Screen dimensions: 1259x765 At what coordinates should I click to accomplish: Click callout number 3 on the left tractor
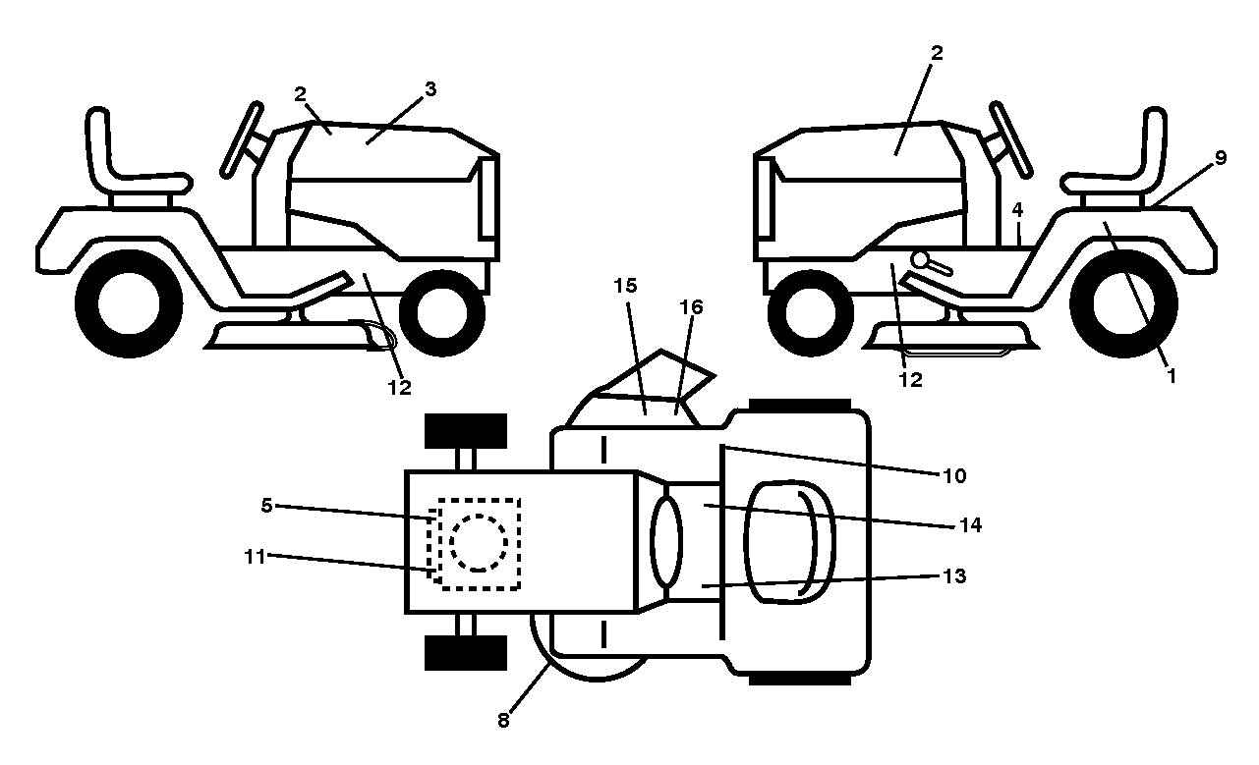[430, 88]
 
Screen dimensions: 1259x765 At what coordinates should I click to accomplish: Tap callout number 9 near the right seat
[1221, 158]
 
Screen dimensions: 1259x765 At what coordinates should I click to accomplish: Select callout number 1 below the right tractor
[1172, 375]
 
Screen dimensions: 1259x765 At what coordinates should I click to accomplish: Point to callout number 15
[625, 286]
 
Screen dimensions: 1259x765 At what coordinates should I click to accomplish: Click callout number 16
[691, 306]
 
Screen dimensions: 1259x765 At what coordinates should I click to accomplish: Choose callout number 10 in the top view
[954, 475]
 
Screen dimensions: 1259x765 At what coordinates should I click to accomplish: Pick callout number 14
[970, 524]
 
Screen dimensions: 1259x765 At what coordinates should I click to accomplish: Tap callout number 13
[954, 575]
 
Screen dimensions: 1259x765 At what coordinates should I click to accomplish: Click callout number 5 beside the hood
[267, 506]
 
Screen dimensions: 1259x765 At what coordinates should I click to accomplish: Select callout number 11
[255, 557]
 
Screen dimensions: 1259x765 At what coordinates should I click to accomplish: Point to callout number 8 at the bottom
[503, 720]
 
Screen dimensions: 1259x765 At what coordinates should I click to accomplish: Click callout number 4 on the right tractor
[1017, 210]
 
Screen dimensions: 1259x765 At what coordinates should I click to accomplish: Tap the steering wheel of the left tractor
[242, 140]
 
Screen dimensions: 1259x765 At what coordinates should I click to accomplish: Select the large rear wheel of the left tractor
[129, 303]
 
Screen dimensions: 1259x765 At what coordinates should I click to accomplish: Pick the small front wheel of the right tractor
[811, 313]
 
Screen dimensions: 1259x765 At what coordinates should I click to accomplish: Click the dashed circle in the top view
[479, 543]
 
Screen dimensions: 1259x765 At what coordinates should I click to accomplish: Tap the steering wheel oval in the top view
[666, 543]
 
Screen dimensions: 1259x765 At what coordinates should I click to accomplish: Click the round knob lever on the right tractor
[932, 263]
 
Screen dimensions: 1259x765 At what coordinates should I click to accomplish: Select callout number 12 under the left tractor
[399, 387]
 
